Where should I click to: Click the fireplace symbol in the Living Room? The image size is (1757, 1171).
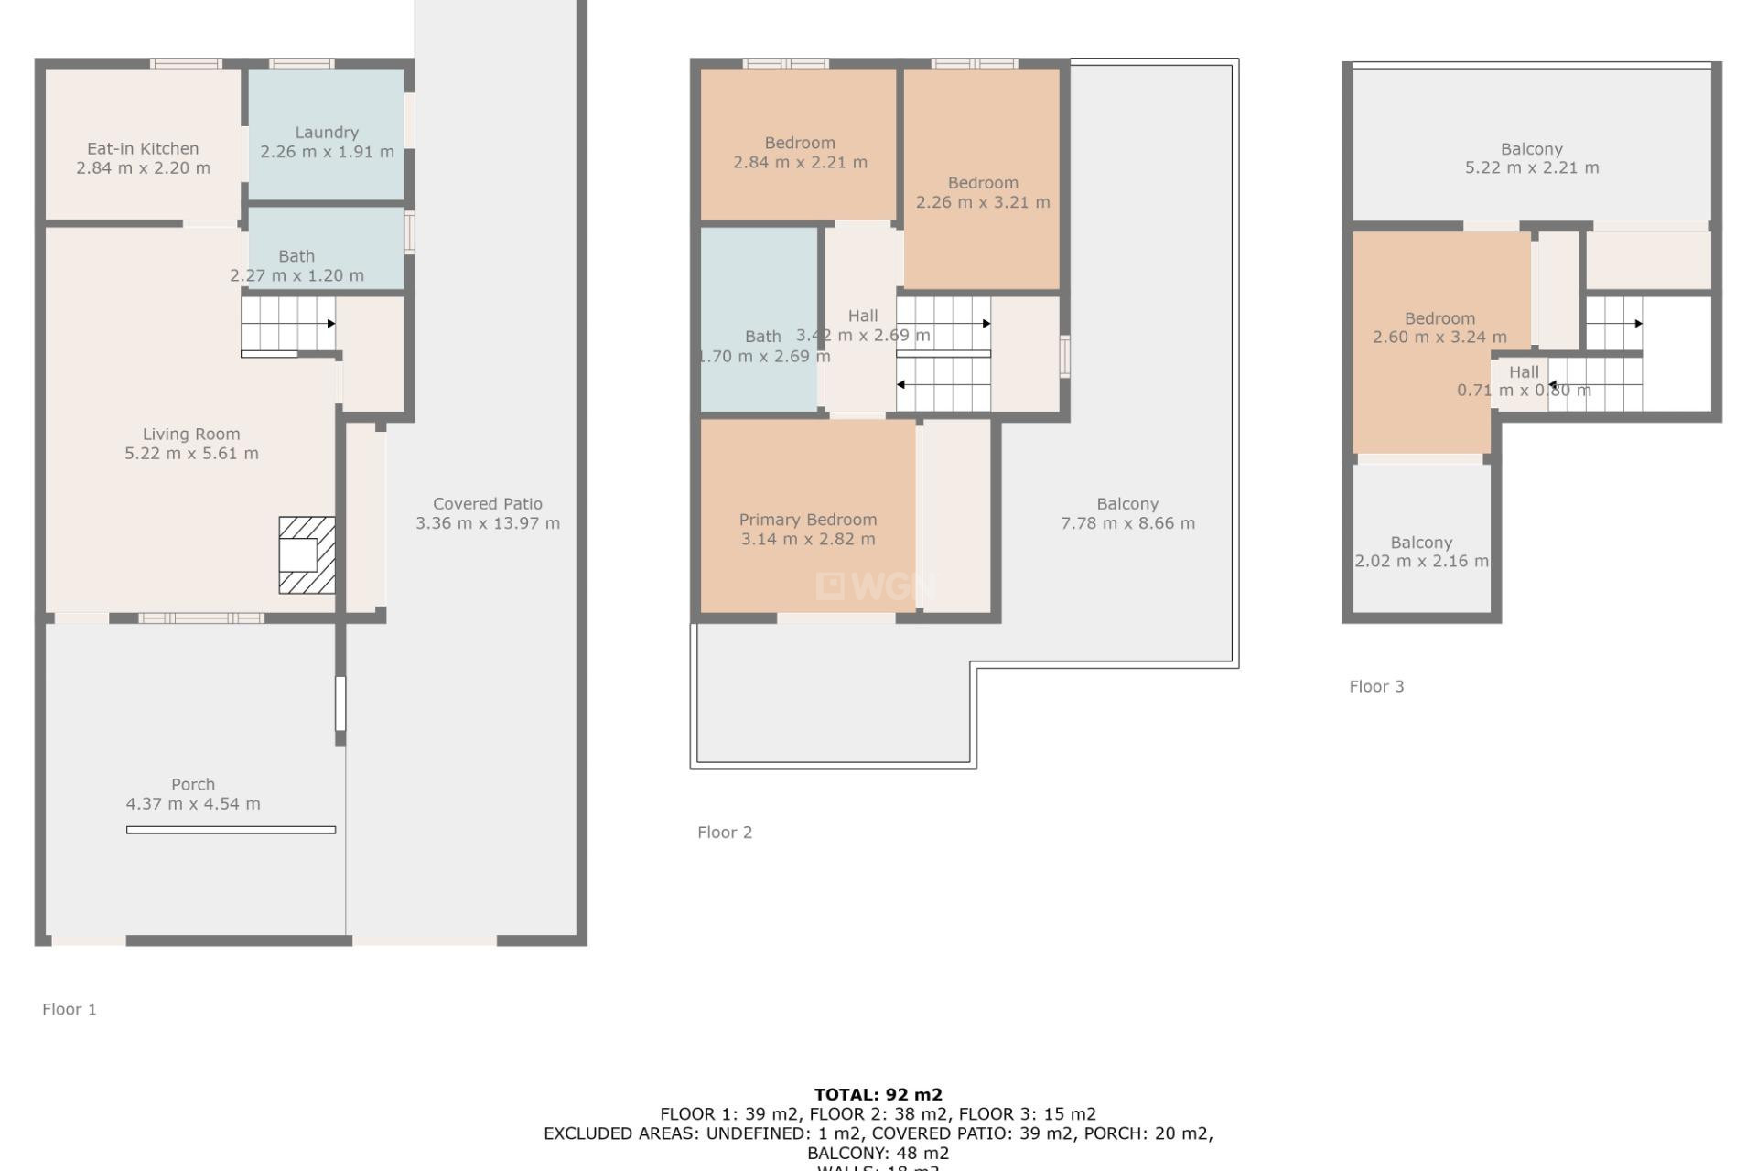[x=307, y=555]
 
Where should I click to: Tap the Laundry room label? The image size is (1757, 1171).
[x=327, y=133]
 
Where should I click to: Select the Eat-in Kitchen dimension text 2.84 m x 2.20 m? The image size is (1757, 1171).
[x=143, y=168]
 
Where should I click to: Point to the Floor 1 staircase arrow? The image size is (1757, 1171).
[x=330, y=324]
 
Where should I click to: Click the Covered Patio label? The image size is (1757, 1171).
[x=488, y=504]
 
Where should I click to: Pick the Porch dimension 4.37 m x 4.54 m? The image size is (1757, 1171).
[x=193, y=804]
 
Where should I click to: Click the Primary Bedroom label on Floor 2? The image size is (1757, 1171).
[x=807, y=520]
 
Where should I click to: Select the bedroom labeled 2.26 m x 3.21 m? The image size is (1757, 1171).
[x=982, y=193]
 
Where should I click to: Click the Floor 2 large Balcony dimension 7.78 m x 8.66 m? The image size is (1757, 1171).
[x=1127, y=523]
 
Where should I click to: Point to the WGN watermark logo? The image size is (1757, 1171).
[x=876, y=585]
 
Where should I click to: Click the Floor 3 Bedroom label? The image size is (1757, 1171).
[x=1439, y=318]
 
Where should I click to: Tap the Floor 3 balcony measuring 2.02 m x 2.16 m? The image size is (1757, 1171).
[x=1421, y=552]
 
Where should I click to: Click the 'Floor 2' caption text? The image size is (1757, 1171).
[x=725, y=833]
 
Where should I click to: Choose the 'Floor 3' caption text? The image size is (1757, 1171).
[x=1376, y=687]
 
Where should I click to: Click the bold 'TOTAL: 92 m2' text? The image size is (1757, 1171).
[x=878, y=1094]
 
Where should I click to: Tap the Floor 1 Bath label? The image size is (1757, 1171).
[x=296, y=256]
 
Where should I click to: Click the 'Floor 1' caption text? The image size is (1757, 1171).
[x=70, y=1009]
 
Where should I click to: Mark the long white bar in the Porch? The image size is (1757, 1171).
[x=231, y=830]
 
